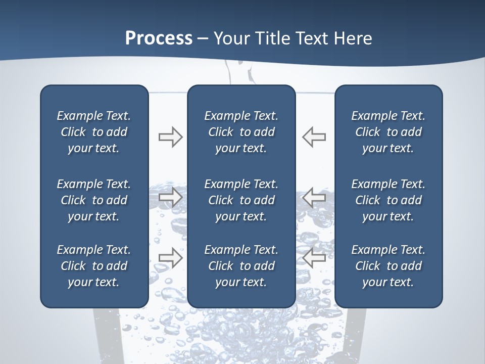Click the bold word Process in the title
(x=159, y=38)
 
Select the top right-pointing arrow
(x=170, y=137)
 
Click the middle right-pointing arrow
(x=170, y=197)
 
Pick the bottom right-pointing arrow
(x=170, y=257)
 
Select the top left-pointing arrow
(x=314, y=137)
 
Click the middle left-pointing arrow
(x=314, y=197)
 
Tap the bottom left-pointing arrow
(x=314, y=257)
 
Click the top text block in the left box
(x=94, y=132)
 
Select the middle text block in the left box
(x=94, y=200)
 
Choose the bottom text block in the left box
(x=94, y=266)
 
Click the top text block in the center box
(x=241, y=132)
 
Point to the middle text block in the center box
(x=241, y=200)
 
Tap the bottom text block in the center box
(x=241, y=266)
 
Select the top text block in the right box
(x=388, y=132)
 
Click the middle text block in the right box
(x=388, y=200)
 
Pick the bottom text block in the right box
(x=388, y=266)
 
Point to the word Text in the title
(x=312, y=38)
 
